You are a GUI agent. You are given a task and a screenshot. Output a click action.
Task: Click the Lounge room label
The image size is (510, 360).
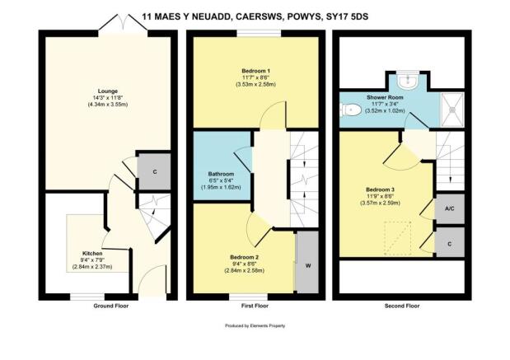tap(108, 91)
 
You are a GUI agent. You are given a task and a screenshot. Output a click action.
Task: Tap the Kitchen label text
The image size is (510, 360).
tap(92, 254)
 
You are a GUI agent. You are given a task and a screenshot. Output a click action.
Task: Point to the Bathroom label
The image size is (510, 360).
tap(221, 174)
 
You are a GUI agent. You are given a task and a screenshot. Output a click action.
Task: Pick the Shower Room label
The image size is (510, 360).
tap(385, 97)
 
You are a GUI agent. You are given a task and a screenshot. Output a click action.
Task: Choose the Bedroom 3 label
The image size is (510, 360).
tap(380, 189)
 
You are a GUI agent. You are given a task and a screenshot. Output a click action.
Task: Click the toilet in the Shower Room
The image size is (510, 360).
tap(350, 110)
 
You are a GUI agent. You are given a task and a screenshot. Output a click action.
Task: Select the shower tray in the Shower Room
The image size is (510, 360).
tap(452, 110)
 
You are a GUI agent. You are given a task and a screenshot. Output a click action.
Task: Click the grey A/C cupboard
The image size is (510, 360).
tap(450, 208)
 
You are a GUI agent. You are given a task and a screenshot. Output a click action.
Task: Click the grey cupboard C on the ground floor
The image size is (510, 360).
tap(154, 171)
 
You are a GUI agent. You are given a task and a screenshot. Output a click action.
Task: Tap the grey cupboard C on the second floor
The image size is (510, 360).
tap(450, 243)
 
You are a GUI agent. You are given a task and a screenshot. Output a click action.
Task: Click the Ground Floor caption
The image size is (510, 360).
tap(111, 306)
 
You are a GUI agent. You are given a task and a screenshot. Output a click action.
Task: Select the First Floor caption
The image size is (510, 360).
tap(255, 306)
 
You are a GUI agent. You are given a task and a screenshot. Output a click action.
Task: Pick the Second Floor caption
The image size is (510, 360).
tap(402, 306)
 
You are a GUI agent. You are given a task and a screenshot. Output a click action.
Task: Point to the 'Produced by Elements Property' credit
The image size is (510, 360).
tap(255, 325)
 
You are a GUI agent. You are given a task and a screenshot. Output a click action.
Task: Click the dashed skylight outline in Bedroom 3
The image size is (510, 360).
tap(397, 238)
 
